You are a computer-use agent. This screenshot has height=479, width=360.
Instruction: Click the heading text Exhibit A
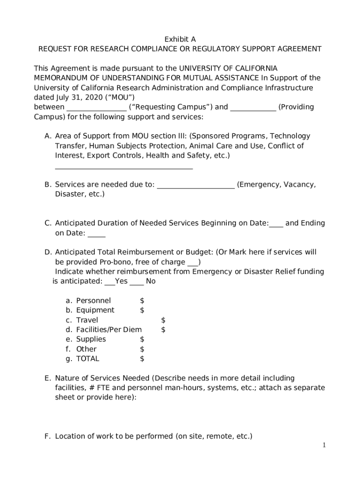tap(180, 39)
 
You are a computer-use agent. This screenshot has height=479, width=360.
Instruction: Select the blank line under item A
tap(123, 167)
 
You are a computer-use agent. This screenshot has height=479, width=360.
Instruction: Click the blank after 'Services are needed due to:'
tap(195, 185)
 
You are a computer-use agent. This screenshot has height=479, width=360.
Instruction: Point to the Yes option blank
tap(109, 282)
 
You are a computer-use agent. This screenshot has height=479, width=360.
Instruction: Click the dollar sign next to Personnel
tap(142, 300)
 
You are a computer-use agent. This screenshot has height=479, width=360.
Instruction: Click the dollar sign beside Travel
tap(163, 320)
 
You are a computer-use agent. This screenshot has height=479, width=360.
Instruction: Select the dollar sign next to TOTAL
tap(142, 359)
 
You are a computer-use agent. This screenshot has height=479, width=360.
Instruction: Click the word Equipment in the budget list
tap(95, 310)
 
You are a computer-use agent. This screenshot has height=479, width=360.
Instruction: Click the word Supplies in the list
tap(91, 339)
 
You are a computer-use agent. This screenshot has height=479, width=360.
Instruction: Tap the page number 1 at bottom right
tap(324, 445)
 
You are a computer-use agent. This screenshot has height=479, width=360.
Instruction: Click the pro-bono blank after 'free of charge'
tap(193, 262)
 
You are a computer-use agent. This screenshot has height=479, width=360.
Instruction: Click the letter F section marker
tap(47, 436)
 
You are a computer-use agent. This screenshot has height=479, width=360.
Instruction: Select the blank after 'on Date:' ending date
tap(96, 234)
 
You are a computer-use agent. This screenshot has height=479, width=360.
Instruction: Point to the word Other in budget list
tap(86, 349)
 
